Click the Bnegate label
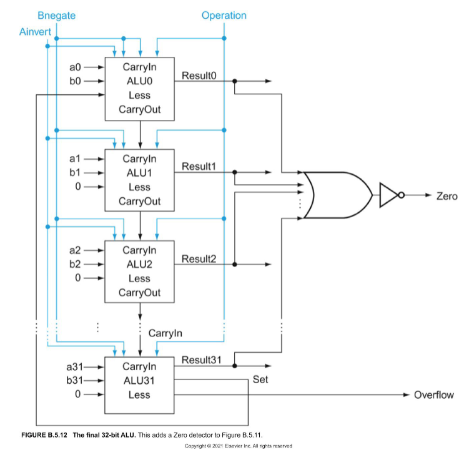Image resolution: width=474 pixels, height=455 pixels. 56,15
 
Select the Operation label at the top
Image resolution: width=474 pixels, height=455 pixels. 224,15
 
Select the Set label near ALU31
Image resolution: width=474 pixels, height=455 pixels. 260,379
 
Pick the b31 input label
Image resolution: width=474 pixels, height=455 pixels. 74,380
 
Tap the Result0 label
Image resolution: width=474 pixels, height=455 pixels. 199,76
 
